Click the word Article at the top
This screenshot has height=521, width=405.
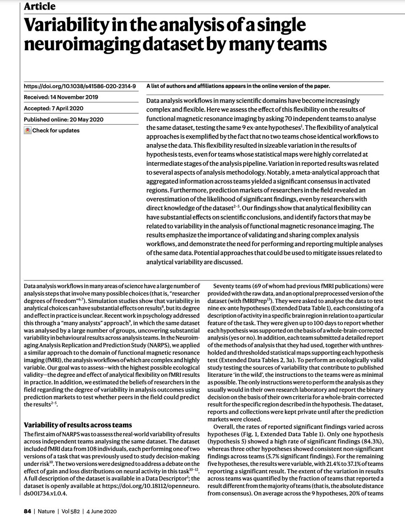coord(40,6)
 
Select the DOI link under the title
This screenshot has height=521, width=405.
coord(80,86)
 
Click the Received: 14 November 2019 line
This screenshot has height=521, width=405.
coord(61,97)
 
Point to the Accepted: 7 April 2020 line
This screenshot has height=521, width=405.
coord(54,108)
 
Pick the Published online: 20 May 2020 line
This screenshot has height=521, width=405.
coord(64,119)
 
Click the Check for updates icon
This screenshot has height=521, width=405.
coord(27,130)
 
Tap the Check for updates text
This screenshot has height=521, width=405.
coord(56,130)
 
